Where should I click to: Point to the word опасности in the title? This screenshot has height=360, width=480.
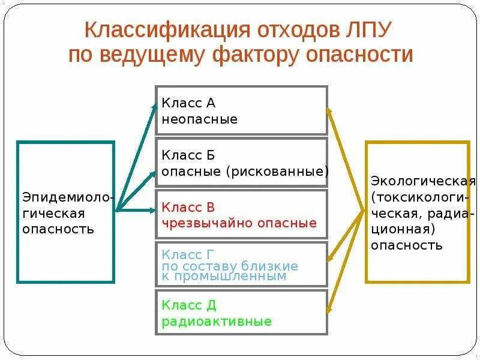[359, 55]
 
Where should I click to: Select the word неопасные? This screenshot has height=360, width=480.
[199, 119]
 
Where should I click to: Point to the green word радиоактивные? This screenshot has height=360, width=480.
[216, 322]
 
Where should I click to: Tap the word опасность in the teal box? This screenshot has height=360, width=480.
[58, 229]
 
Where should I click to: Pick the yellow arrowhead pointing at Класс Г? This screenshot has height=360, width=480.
[328, 259]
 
